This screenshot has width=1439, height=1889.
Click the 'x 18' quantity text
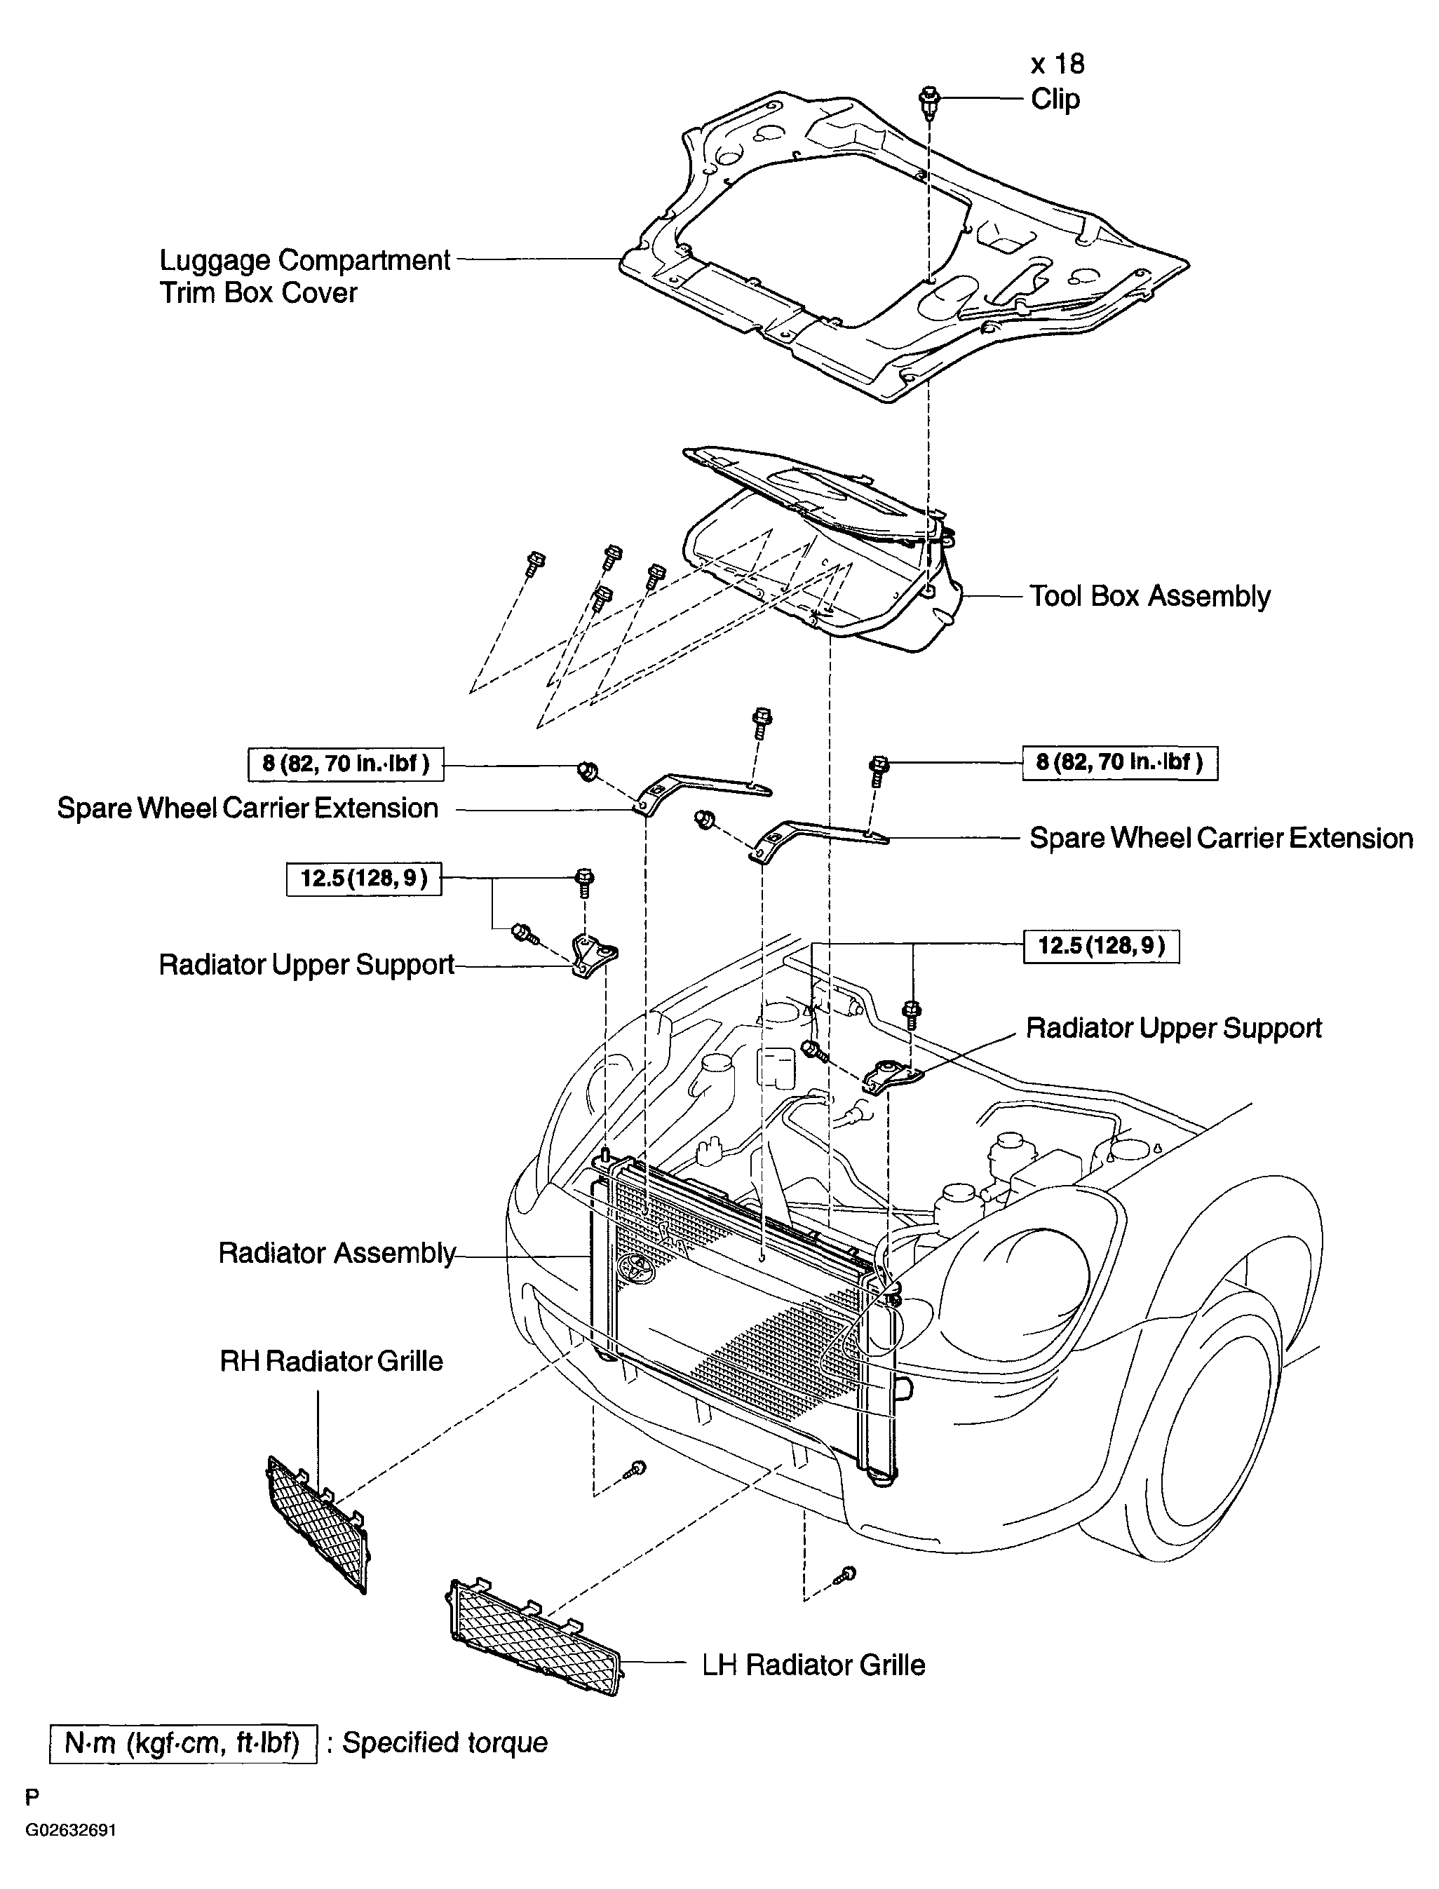pos(1057,65)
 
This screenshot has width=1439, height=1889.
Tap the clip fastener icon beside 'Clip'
pos(929,101)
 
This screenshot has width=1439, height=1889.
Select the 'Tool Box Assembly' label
pos(1149,596)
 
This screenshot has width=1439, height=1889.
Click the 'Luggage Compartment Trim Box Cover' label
pos(305,276)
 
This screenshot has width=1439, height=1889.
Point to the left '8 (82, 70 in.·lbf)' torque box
pos(346,763)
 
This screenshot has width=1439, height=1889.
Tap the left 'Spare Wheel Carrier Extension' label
pos(248,808)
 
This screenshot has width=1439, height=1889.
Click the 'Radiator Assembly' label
pos(337,1253)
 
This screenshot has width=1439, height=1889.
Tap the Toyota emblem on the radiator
pos(635,1264)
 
